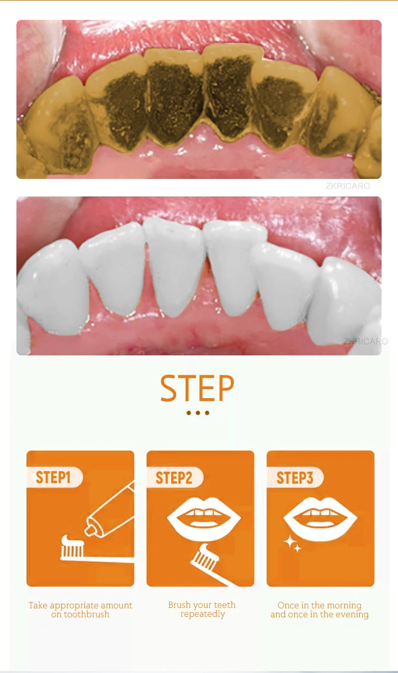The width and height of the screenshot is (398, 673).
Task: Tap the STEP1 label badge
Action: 54,477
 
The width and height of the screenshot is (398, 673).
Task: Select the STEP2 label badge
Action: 175,478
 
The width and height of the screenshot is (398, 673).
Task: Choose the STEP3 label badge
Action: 295,477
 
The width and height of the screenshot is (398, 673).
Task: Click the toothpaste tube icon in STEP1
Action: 110,509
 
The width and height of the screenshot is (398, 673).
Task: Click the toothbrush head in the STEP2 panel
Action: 205,557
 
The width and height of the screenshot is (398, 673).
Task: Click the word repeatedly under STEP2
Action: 203,614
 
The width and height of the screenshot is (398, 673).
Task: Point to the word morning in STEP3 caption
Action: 344,605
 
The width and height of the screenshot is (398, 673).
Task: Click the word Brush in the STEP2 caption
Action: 180,604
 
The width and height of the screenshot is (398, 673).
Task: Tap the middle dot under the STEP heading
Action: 198,413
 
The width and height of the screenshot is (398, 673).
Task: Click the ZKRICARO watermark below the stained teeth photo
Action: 348,186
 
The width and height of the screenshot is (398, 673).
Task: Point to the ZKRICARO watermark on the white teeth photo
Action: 366,341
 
